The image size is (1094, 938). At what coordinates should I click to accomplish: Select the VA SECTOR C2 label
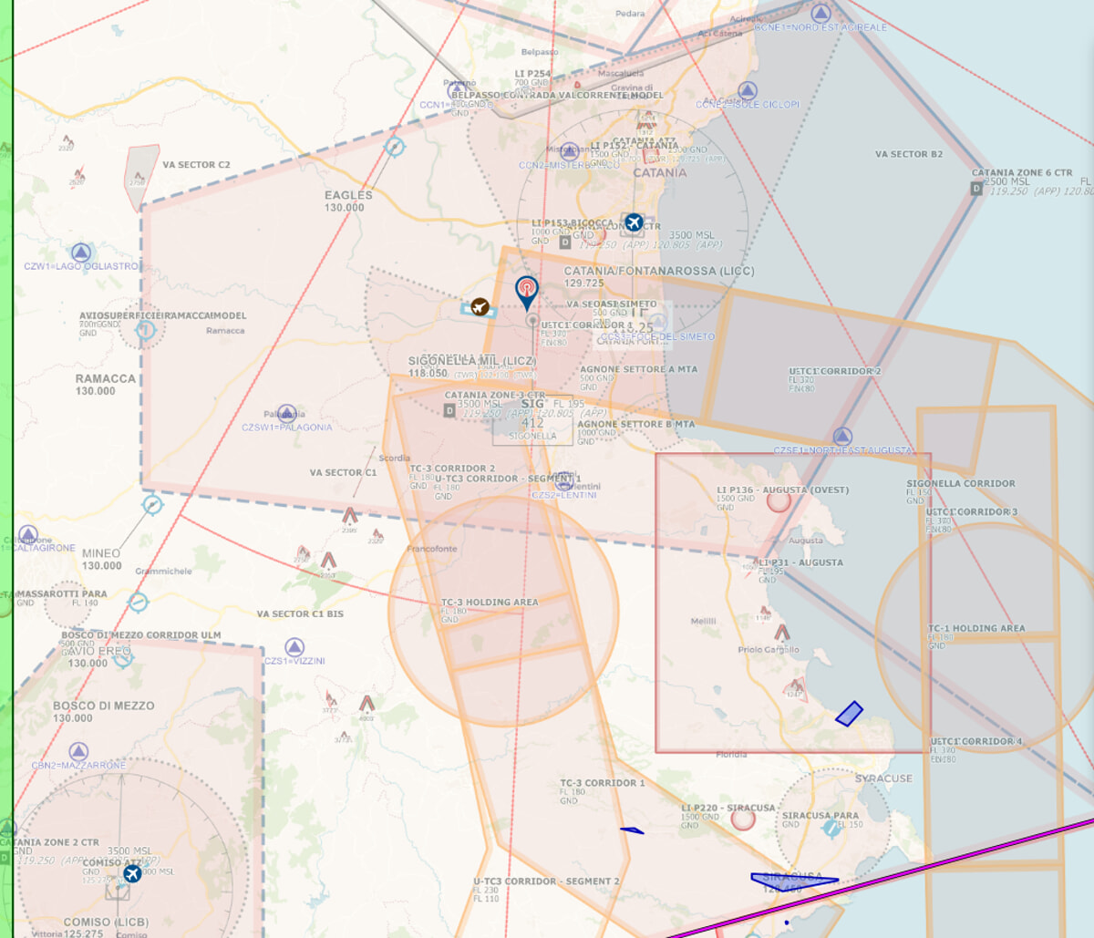point(196,165)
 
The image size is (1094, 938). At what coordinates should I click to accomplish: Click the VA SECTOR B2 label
point(908,154)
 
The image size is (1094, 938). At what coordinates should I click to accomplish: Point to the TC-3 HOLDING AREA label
point(490,603)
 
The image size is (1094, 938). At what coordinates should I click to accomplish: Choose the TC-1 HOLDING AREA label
point(976,629)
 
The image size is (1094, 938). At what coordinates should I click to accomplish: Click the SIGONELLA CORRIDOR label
point(960,484)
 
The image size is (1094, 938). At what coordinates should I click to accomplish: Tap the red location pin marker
point(526,291)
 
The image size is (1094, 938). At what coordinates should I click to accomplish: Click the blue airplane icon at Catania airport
point(633,222)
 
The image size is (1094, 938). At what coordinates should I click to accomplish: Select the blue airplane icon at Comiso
point(132,874)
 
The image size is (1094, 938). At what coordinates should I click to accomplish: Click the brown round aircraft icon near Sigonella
point(480,306)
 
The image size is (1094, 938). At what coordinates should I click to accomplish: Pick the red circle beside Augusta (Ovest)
point(778,500)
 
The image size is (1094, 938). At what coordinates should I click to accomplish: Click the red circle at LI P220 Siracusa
point(743,819)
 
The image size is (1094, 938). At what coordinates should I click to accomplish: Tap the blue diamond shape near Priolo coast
point(849,714)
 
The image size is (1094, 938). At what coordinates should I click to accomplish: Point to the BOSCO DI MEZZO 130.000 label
point(103,711)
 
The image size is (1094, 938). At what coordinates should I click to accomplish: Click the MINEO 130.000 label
point(101,559)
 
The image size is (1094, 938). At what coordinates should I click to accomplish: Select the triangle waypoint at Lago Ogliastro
point(81,253)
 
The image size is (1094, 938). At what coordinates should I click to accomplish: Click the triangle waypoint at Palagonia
point(286,413)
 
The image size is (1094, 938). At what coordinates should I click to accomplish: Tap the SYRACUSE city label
point(883,778)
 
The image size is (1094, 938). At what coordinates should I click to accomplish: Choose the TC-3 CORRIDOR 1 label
point(602,783)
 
